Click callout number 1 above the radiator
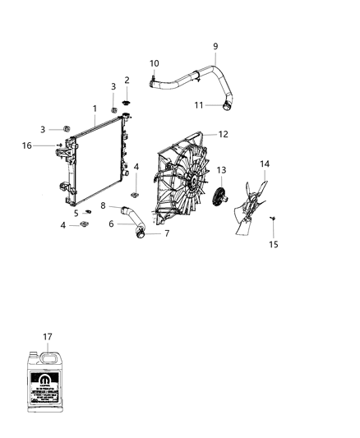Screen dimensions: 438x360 [x=95, y=108]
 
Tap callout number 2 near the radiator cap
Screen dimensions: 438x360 [x=127, y=80]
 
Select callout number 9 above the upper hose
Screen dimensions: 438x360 [x=215, y=46]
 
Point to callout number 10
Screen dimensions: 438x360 [x=155, y=63]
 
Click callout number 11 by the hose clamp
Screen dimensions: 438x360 [x=198, y=105]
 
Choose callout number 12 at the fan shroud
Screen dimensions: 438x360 [x=223, y=134]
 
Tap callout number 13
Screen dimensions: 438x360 [x=220, y=170]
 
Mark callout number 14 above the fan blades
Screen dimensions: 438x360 [x=265, y=164]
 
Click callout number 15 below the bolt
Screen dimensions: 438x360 [x=274, y=244]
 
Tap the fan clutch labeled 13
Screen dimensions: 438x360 [x=219, y=197]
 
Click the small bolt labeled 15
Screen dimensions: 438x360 [x=272, y=218]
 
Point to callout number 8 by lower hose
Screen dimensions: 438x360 [x=104, y=205]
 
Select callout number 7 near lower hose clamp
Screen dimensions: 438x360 [x=167, y=233]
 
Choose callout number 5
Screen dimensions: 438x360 [x=76, y=213]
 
